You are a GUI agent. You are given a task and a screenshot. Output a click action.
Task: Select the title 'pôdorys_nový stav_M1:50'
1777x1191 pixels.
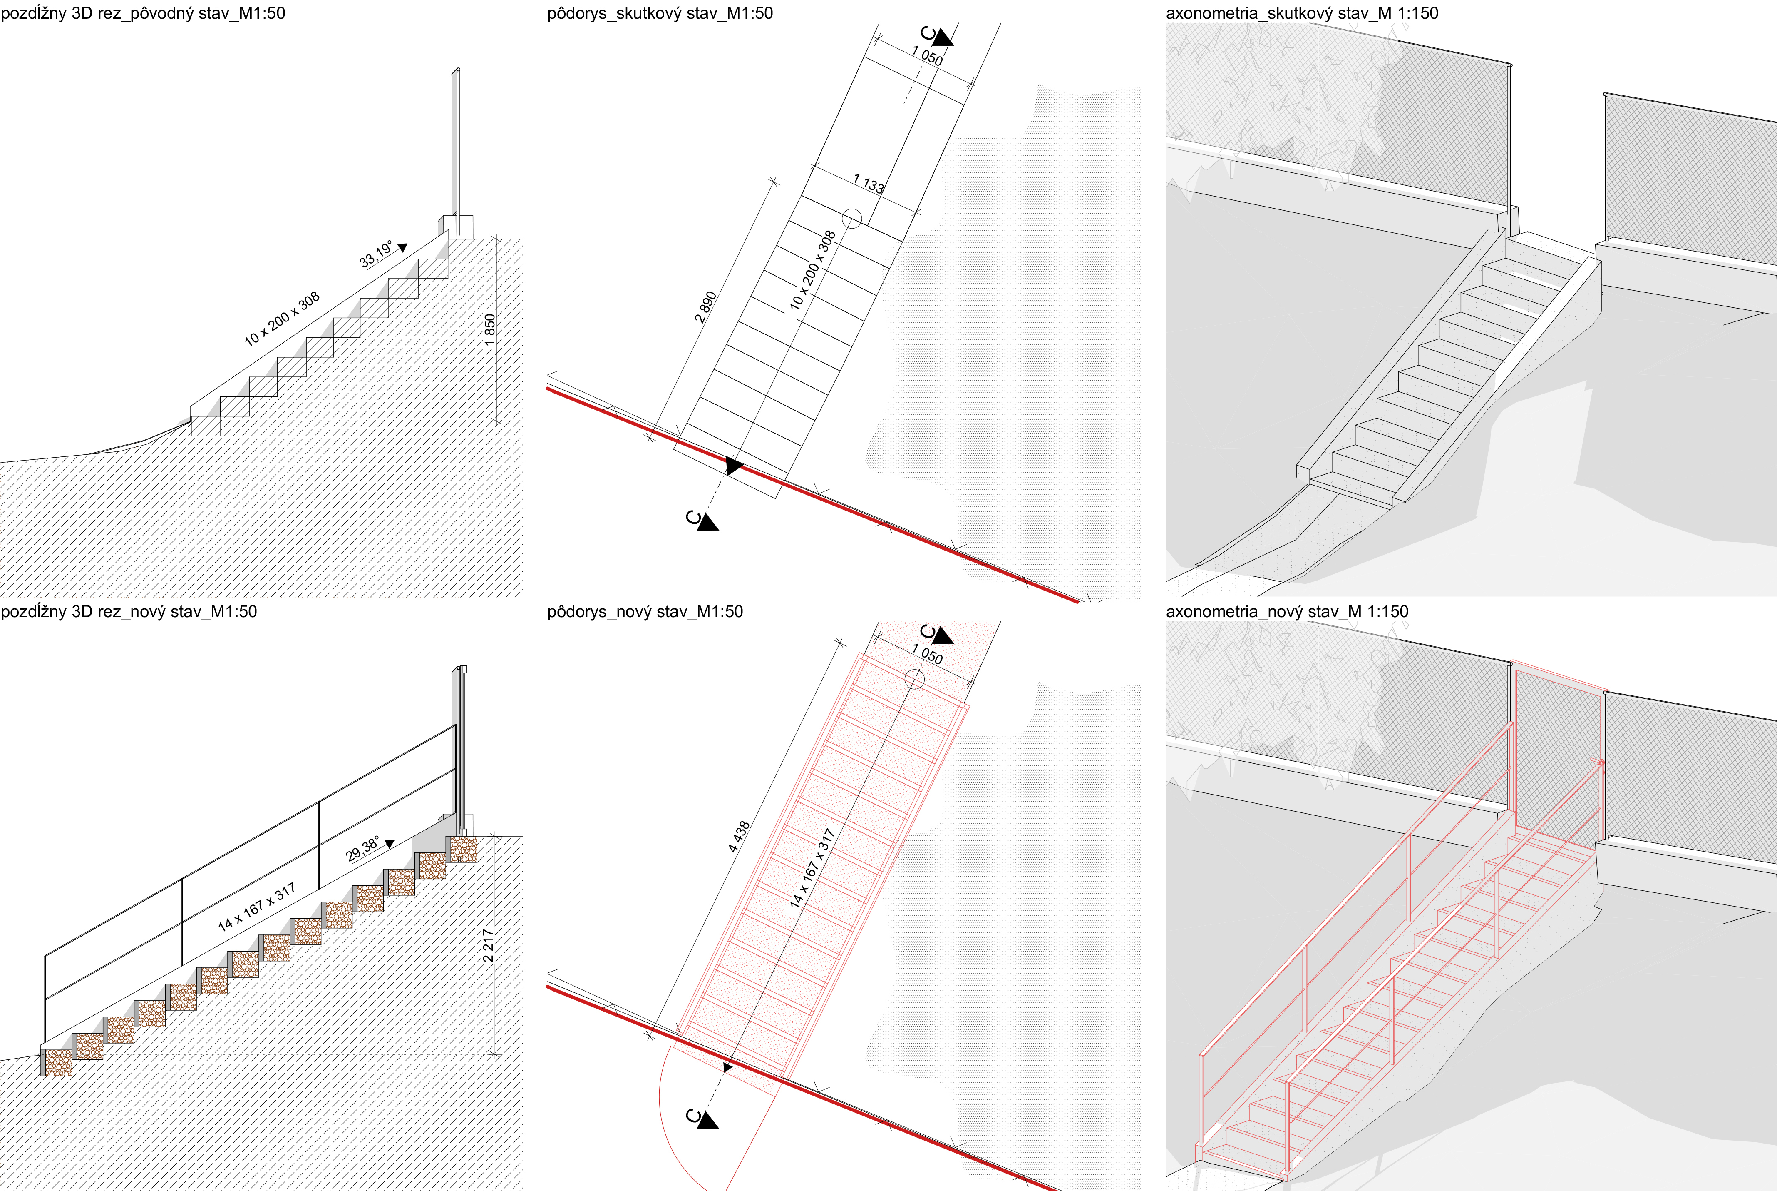point(645,611)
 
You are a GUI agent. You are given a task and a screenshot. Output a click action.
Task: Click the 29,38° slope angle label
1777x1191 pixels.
point(363,849)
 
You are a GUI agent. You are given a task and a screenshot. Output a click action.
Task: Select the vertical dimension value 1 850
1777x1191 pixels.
point(490,330)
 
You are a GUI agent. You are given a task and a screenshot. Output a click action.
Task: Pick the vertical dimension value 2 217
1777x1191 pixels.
point(488,946)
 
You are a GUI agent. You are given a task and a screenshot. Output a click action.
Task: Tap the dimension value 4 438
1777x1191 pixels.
point(739,836)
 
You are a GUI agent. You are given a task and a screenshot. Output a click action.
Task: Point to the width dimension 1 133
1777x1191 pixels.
point(869,183)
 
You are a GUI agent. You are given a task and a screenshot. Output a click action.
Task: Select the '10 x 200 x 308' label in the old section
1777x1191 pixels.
point(282,319)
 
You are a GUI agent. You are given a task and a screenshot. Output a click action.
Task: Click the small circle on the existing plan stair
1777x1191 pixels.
point(852,219)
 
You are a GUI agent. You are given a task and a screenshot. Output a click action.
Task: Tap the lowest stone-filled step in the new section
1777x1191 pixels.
point(57,1063)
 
